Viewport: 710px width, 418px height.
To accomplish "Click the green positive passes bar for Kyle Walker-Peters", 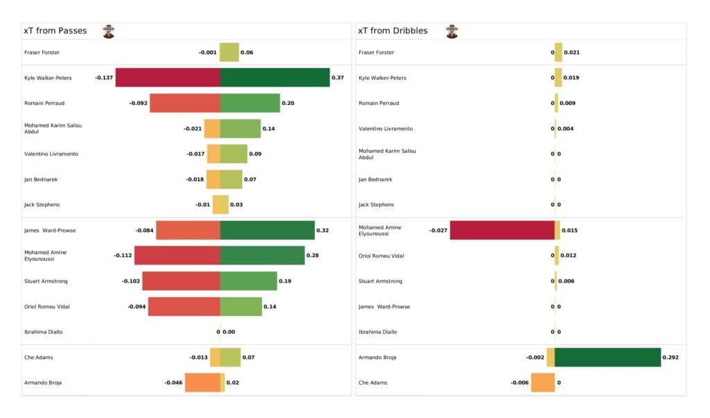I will pos(275,78).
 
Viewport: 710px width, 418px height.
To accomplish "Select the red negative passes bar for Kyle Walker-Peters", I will pos(168,78).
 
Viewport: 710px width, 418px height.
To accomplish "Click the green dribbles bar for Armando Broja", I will pos(607,358).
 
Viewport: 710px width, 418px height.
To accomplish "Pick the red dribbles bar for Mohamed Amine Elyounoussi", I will pos(502,231).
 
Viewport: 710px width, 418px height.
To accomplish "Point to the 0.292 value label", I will pos(670,358).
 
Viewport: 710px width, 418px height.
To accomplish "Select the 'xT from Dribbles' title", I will pos(392,31).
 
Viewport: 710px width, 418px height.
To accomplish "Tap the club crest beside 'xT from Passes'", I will pos(109,31).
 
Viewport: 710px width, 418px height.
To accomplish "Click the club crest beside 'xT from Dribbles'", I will pos(452,31).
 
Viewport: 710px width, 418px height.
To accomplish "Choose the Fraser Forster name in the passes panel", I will pos(42,53).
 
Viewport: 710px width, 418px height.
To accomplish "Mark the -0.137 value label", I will pos(104,78).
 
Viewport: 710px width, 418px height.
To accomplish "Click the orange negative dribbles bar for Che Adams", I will pos(543,383).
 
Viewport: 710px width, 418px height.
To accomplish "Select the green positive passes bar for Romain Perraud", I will pos(250,103).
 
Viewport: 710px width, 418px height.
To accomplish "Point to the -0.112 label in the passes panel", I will pos(123,256).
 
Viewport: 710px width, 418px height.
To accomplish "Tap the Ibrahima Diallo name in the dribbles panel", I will pos(378,332).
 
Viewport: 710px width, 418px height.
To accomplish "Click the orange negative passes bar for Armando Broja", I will pos(202,383).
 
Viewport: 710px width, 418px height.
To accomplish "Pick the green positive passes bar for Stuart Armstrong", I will pos(248,281).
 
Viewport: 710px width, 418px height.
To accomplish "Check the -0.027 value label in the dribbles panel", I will pos(438,231).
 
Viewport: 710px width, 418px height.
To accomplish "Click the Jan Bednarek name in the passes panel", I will pos(41,179).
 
